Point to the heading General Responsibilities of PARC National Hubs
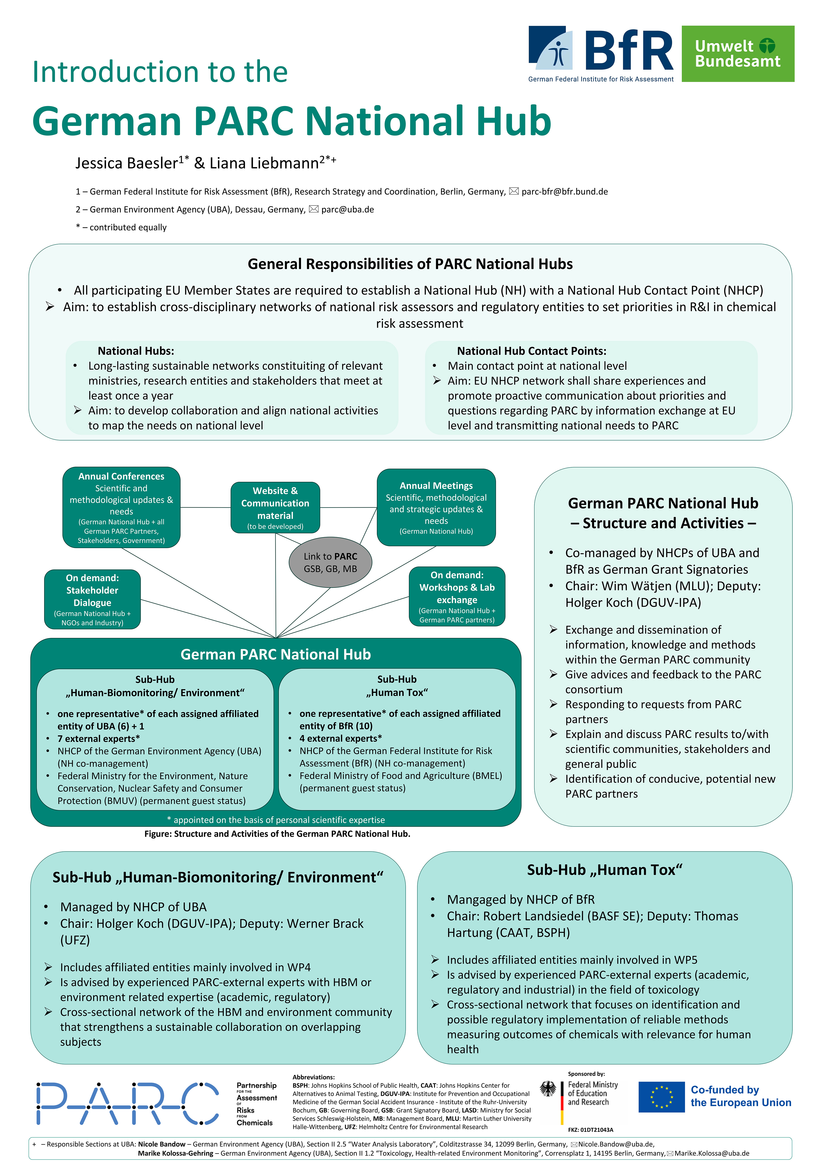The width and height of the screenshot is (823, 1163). pyautogui.click(x=410, y=264)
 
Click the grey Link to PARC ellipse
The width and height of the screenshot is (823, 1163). pyautogui.click(x=330, y=562)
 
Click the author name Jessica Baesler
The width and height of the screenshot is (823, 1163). pyautogui.click(x=127, y=163)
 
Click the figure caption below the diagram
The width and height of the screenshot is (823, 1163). pyautogui.click(x=277, y=834)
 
